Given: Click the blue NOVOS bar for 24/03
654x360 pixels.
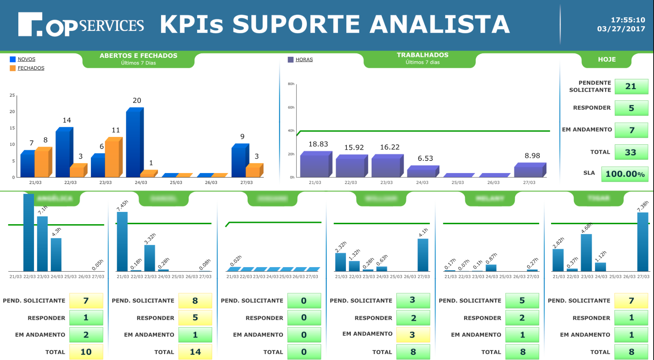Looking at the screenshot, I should (133, 144).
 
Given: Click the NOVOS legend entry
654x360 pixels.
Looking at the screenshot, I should (26, 59).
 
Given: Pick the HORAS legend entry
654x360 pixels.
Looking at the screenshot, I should (304, 60).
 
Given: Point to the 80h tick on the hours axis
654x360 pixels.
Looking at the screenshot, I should (291, 84).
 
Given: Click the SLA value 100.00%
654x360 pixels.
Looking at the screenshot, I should (625, 174).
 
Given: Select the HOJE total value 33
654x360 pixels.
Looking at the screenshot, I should (631, 152).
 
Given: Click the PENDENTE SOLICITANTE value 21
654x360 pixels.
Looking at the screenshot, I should (631, 87).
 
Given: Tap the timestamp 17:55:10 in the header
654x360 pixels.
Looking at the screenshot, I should (628, 20).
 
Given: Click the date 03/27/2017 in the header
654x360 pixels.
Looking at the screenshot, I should (621, 29).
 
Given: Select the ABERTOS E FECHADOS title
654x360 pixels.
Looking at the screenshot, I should (138, 56).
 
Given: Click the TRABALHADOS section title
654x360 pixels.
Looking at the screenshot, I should (422, 55).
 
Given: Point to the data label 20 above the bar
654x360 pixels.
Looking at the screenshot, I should (137, 100).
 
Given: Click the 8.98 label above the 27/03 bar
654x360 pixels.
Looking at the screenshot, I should (532, 156).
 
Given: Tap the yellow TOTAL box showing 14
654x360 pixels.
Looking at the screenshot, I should (195, 352).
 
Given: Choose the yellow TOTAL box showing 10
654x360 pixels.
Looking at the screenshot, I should (86, 352).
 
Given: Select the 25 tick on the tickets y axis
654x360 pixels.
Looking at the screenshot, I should (12, 96).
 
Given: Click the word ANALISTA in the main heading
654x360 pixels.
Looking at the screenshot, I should (440, 25).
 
